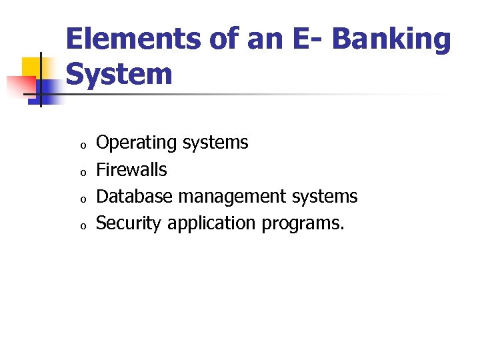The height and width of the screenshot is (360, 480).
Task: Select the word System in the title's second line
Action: click(119, 75)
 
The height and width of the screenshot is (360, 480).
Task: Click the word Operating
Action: click(137, 143)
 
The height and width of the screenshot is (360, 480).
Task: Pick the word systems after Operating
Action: click(215, 143)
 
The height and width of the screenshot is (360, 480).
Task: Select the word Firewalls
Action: click(131, 170)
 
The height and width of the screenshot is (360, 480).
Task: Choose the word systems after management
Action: click(325, 197)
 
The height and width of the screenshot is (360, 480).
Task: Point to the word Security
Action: click(129, 224)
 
